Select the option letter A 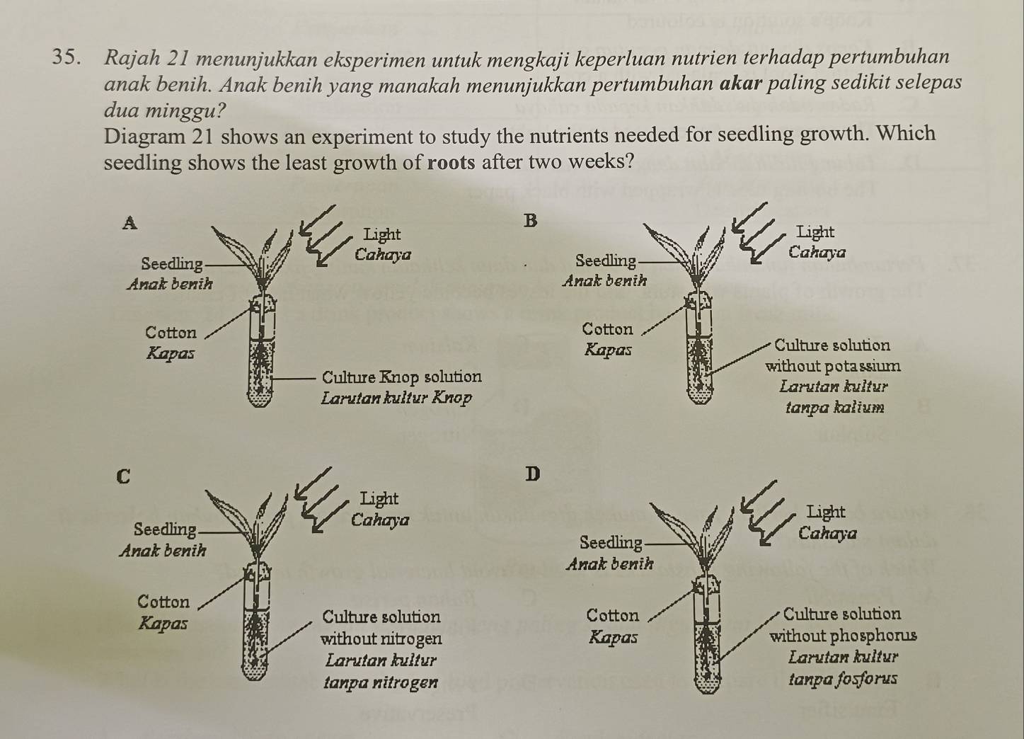(x=130, y=223)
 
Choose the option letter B (x=530, y=221)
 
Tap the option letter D (x=532, y=474)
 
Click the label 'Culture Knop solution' (x=402, y=377)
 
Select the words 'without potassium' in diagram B (x=833, y=366)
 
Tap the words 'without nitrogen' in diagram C (x=381, y=638)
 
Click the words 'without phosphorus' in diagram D (x=844, y=636)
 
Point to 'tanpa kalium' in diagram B (x=835, y=406)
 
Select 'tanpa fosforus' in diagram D (x=843, y=679)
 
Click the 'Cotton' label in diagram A (x=171, y=333)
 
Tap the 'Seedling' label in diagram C (x=165, y=529)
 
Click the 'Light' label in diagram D (x=826, y=512)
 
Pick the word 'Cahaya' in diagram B (x=817, y=252)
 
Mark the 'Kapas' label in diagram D (x=613, y=636)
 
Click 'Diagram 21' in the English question (x=159, y=136)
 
